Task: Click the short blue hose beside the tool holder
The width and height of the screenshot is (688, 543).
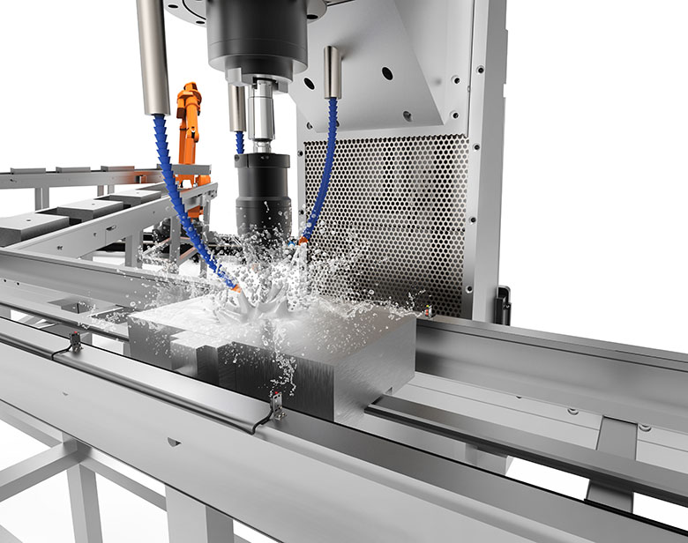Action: click(239, 142)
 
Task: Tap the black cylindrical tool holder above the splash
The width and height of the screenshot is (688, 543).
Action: click(262, 190)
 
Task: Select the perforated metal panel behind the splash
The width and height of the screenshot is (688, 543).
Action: click(397, 212)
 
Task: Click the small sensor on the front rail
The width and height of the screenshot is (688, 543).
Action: click(276, 405)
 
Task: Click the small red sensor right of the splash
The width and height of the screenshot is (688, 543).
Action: click(429, 311)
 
